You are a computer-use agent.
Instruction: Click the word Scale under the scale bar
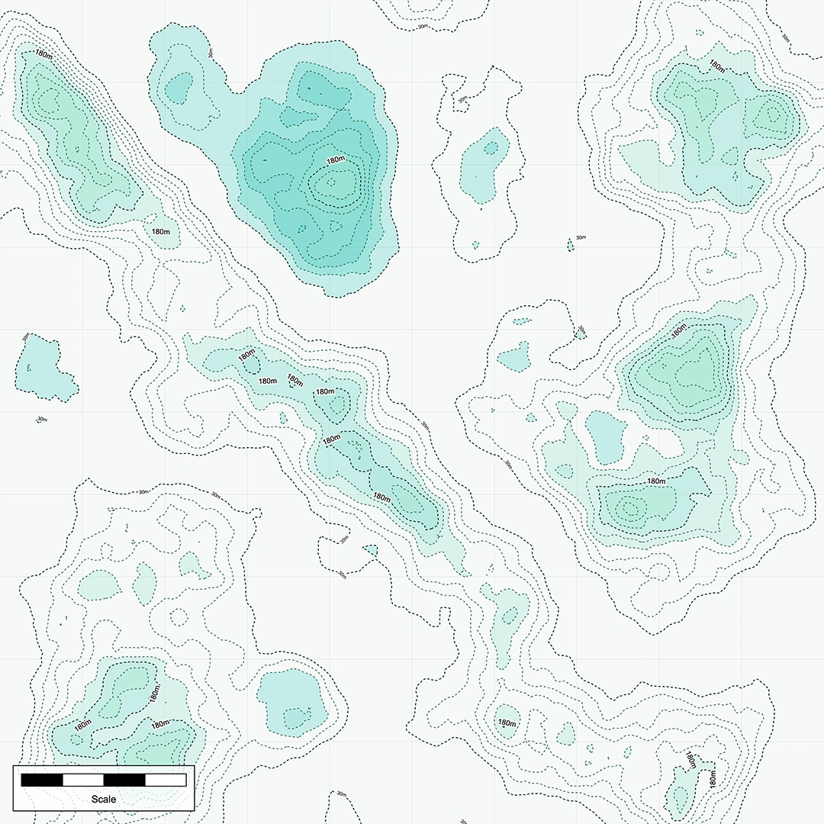(103, 799)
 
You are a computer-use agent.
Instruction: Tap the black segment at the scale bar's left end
(42, 780)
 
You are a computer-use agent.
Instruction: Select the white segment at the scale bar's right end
(166, 780)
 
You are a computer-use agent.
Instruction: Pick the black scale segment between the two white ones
(124, 780)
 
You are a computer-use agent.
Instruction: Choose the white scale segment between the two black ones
(83, 780)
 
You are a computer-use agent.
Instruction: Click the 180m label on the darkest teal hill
(336, 160)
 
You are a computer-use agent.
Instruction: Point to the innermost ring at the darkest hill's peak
(333, 182)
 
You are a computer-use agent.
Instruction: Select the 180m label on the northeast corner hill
(716, 66)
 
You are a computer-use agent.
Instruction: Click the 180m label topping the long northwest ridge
(43, 55)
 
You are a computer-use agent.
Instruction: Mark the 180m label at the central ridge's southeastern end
(381, 497)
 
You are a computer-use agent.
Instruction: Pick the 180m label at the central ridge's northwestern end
(246, 356)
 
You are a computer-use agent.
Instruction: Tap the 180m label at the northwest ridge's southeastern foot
(160, 231)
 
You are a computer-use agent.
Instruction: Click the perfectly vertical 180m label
(712, 779)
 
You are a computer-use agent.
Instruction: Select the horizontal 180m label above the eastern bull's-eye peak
(655, 481)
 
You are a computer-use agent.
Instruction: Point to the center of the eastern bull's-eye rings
(629, 506)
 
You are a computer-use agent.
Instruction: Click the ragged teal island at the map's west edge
(43, 369)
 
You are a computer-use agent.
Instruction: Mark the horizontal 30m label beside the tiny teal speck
(581, 237)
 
